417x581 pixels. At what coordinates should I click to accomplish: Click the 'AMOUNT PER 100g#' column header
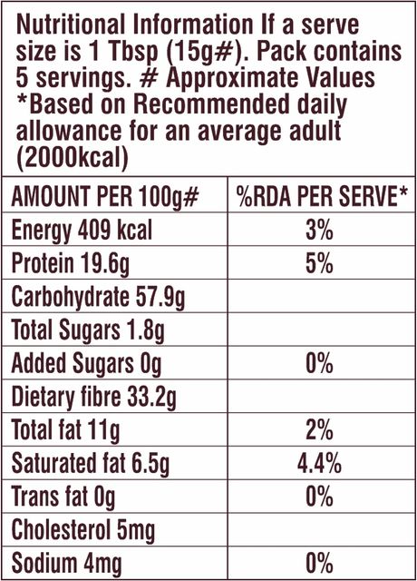tap(105, 196)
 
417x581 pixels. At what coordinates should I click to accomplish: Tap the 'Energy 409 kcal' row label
tap(82, 231)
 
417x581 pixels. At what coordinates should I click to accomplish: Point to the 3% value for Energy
tap(319, 231)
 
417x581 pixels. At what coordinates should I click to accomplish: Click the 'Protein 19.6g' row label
tap(71, 264)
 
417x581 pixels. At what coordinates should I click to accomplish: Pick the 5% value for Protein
tap(319, 263)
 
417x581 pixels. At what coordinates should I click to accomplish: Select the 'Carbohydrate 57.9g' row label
tap(98, 297)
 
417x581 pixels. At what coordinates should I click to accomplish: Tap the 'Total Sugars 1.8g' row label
tap(88, 330)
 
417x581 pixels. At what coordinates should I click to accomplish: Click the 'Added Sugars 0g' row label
tap(87, 363)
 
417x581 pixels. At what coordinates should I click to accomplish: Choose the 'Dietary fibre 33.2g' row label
tap(94, 397)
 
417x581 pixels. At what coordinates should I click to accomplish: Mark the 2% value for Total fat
tap(319, 429)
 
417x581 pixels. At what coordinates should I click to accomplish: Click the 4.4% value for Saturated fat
tap(319, 463)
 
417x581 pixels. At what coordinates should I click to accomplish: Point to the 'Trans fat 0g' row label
tap(63, 497)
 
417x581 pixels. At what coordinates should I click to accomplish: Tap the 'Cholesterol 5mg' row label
tap(82, 530)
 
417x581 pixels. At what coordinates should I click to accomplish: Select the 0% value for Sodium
tap(319, 563)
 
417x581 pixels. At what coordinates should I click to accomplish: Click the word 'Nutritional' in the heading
tap(71, 25)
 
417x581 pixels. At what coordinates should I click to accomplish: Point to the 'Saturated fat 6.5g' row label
tap(91, 463)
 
